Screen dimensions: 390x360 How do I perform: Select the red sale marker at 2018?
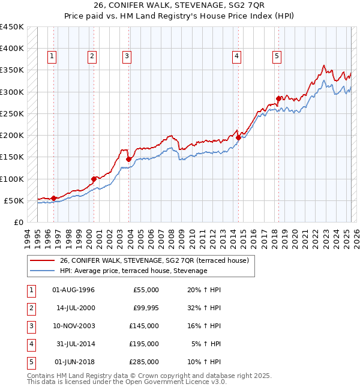click(x=278, y=98)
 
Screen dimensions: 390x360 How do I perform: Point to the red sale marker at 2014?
click(x=238, y=137)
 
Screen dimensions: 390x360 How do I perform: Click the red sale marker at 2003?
click(x=128, y=159)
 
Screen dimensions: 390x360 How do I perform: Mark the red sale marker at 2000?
click(x=94, y=179)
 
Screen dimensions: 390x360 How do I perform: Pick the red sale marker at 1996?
click(x=53, y=198)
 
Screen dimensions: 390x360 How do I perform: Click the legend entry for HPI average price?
click(x=133, y=271)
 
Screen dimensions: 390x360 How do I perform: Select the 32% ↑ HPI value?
click(x=205, y=308)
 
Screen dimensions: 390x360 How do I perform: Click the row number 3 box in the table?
click(x=31, y=326)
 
